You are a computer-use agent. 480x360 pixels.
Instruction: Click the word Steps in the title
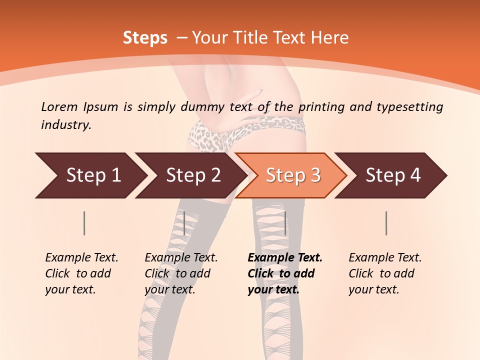145,38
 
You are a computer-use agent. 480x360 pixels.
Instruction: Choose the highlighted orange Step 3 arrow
293,175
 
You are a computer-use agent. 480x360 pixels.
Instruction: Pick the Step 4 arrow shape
393,175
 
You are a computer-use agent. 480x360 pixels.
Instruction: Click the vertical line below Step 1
84,223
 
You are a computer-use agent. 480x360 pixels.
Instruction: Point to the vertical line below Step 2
184,223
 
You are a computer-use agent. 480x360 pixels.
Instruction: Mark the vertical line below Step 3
285,223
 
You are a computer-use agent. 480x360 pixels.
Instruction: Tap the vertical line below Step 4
386,223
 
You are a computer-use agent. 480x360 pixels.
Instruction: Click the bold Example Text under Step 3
285,257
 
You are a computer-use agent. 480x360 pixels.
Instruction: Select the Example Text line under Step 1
81,257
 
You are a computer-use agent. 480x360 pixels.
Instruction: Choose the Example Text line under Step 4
385,257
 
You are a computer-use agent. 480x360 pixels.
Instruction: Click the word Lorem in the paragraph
59,106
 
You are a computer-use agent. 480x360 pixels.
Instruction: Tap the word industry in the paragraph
65,125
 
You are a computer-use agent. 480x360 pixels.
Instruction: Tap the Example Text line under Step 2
181,257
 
